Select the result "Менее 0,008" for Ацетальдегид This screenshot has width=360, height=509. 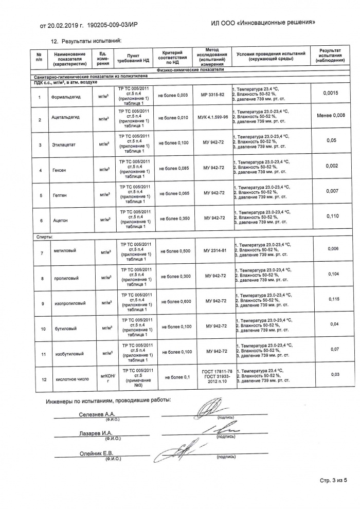click(x=330, y=115)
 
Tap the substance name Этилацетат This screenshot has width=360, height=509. click(x=64, y=145)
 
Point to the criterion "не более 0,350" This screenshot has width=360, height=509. click(x=173, y=218)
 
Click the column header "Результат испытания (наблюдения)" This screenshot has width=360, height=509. click(x=330, y=56)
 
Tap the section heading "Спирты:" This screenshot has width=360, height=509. click(x=45, y=237)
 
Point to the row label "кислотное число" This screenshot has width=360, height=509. click(x=68, y=379)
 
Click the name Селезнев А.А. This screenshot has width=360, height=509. click(x=97, y=414)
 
